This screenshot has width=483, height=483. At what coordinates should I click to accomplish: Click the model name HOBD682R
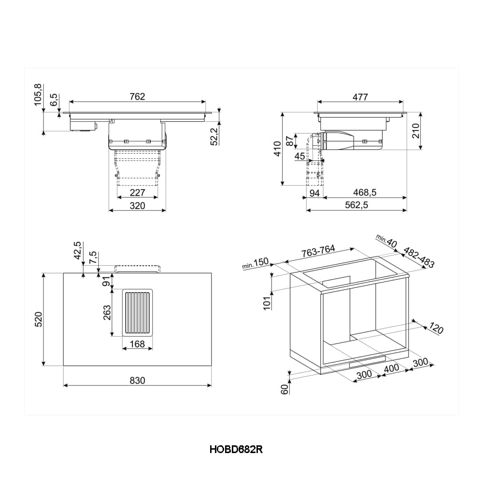tap(236, 449)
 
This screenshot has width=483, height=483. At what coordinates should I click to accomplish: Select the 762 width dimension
tap(137, 97)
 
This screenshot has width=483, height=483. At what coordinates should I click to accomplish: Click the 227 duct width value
tap(138, 192)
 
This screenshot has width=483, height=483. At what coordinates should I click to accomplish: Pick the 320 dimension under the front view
tap(138, 206)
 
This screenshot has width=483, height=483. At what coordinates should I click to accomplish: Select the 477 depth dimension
tap(360, 97)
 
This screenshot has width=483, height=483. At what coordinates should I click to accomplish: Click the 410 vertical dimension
tap(277, 149)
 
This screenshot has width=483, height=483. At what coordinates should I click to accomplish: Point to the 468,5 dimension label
tap(364, 192)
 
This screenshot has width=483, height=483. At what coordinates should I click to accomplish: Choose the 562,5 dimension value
tap(356, 205)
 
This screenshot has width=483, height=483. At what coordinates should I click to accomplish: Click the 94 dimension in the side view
tap(314, 193)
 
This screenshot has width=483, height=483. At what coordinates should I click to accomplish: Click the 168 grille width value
tap(137, 344)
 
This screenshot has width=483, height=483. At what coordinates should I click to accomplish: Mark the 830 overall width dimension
tap(137, 380)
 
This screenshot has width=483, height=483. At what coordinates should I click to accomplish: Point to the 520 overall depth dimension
tap(39, 319)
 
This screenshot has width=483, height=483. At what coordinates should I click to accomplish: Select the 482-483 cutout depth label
tap(418, 258)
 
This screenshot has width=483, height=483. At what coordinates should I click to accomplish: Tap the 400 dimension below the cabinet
tap(391, 368)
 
